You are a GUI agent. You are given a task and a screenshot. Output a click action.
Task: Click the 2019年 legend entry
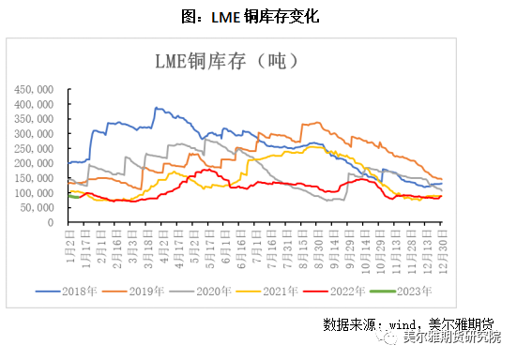pyautogui.click(x=141, y=292)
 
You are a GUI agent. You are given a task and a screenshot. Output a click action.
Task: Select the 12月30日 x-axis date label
pyautogui.click(x=439, y=245)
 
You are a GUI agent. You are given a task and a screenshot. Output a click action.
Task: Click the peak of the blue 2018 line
pyautogui.click(x=156, y=108)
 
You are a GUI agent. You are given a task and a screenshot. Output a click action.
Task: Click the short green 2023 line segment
pyautogui.click(x=75, y=196)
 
